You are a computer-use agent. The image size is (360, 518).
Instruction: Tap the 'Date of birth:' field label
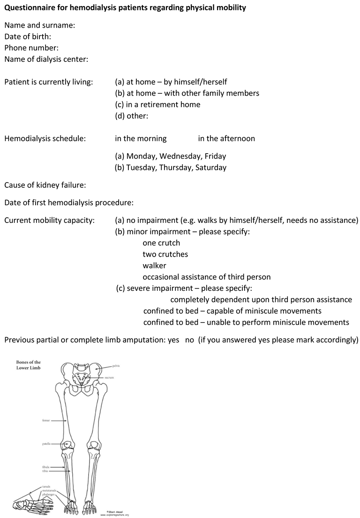[28, 37]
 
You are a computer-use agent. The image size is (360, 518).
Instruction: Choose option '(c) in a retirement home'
[157, 104]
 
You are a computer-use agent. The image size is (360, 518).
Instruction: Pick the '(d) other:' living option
[132, 116]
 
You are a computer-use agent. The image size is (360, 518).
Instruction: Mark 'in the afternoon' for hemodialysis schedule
[226, 139]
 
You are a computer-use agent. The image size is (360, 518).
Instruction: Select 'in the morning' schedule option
[141, 139]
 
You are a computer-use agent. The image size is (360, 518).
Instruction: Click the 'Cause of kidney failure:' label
[45, 185]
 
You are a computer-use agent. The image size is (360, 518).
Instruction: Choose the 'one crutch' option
[161, 243]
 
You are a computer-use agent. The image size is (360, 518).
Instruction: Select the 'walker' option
[154, 266]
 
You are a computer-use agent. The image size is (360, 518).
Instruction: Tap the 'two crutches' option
[165, 254]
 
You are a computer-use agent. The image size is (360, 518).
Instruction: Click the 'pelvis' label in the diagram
[117, 365]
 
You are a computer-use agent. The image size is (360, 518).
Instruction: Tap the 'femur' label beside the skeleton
[46, 421]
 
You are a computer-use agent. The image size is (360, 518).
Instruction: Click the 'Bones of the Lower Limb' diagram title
[29, 365]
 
